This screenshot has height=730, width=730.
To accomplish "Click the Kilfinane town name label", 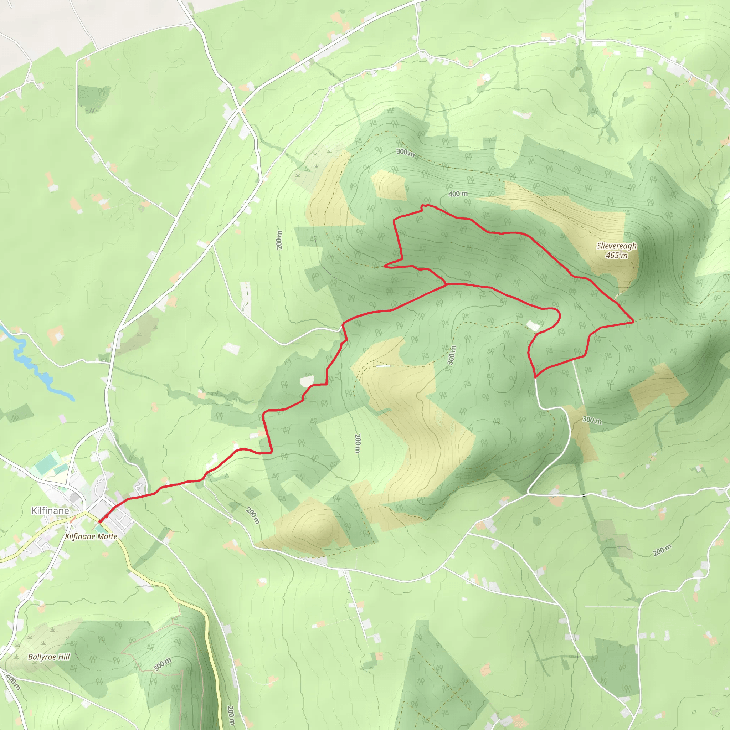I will [50, 511].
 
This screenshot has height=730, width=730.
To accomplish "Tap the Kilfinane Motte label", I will [91, 536].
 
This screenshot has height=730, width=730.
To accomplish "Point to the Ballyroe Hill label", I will [49, 657].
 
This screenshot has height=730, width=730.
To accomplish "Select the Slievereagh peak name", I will [617, 246].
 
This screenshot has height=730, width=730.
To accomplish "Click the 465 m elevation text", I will [617, 256].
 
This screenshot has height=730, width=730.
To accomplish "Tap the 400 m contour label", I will [458, 194].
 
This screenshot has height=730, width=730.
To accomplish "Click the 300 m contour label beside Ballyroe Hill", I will [163, 664].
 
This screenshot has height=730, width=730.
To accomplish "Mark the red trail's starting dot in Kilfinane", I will [100, 521].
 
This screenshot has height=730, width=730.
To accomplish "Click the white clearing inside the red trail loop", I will [533, 325].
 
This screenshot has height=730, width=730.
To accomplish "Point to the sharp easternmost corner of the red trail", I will [633, 322].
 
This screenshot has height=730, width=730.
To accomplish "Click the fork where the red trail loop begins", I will [446, 284].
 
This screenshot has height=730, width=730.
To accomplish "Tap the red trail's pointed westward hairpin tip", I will [385, 266].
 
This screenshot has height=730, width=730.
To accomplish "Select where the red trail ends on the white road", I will [535, 377].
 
